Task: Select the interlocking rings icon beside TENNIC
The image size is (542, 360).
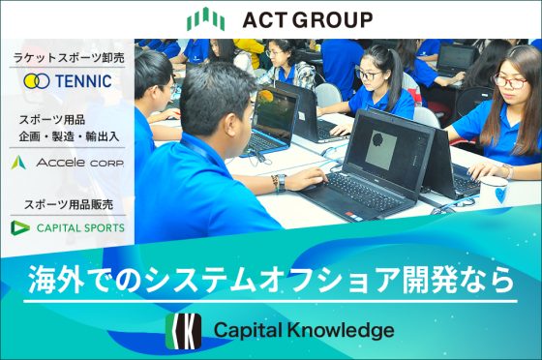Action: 37,81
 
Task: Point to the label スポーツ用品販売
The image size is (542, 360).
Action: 68,205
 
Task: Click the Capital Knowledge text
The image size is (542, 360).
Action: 304,331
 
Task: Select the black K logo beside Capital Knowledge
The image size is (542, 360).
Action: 182,330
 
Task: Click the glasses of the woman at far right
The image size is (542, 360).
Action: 510,81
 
